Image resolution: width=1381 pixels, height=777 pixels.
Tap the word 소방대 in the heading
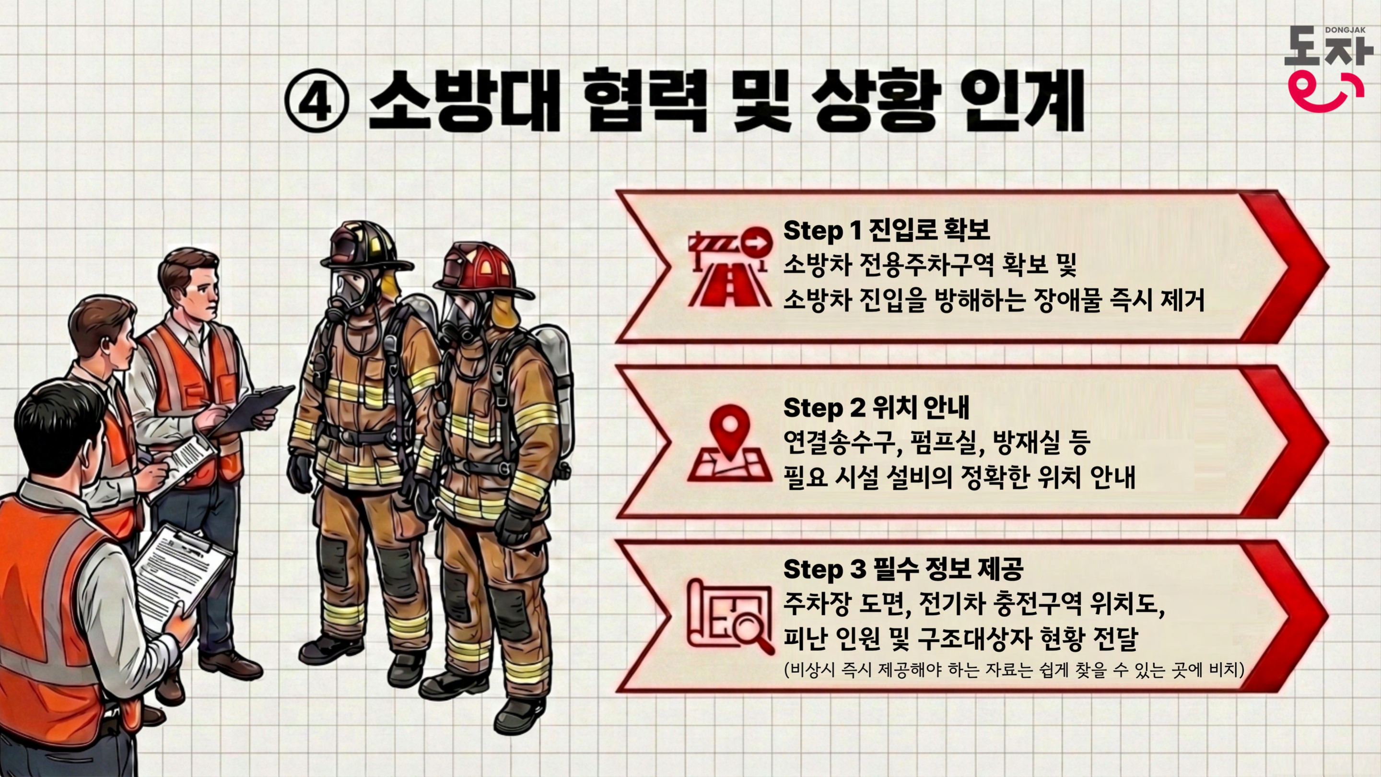[464, 101]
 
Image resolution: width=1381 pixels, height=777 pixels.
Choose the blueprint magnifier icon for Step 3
[731, 617]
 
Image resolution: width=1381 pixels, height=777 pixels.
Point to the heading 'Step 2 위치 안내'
[877, 408]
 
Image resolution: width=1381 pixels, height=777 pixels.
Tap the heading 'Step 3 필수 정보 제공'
[903, 568]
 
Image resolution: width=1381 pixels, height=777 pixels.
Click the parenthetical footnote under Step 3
[1014, 670]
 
